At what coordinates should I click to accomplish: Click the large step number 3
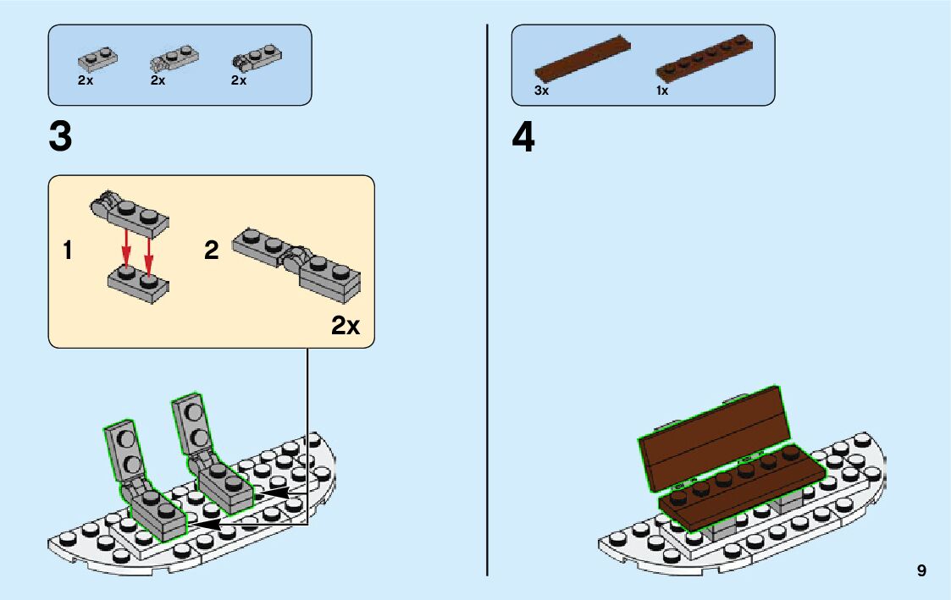click(61, 138)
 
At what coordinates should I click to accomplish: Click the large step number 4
click(523, 138)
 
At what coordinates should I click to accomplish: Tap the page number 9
click(921, 571)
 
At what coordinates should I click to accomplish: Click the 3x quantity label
click(542, 91)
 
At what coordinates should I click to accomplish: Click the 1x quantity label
click(662, 91)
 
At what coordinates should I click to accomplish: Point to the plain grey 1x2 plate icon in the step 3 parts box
click(97, 58)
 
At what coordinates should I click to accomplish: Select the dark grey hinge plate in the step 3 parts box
click(257, 58)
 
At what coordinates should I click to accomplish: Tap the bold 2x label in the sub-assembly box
click(346, 326)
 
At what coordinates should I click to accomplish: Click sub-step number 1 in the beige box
click(67, 251)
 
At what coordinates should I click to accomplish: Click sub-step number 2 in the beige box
click(212, 251)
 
